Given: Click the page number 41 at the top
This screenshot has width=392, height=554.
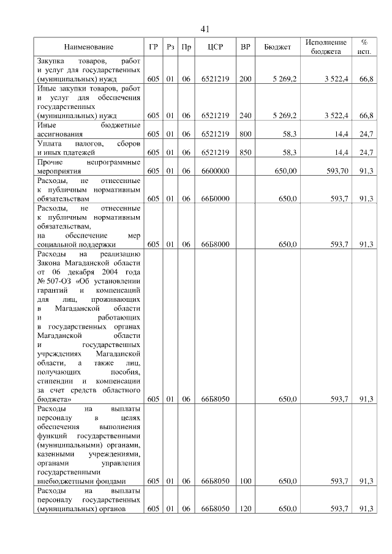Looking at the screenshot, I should tap(205, 29).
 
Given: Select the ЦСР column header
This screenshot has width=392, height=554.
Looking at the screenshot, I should tap(214, 47).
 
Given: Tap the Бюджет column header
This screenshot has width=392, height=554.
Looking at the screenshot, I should tap(277, 47).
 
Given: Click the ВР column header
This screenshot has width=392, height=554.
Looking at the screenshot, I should tap(245, 47).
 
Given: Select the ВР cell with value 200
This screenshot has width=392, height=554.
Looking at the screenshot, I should tap(245, 80).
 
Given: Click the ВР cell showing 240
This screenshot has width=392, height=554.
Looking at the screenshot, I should tap(245, 115).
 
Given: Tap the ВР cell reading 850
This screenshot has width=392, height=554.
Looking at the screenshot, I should tap(245, 151).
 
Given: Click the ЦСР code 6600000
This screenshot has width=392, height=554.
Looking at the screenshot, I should tap(214, 171).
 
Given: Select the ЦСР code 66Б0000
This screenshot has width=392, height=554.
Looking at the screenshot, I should tap(214, 198).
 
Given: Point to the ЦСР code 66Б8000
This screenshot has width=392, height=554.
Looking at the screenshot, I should tap(214, 244).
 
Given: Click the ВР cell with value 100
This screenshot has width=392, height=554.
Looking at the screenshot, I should tap(245, 481).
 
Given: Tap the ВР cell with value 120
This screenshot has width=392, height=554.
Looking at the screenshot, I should tap(245, 509).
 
